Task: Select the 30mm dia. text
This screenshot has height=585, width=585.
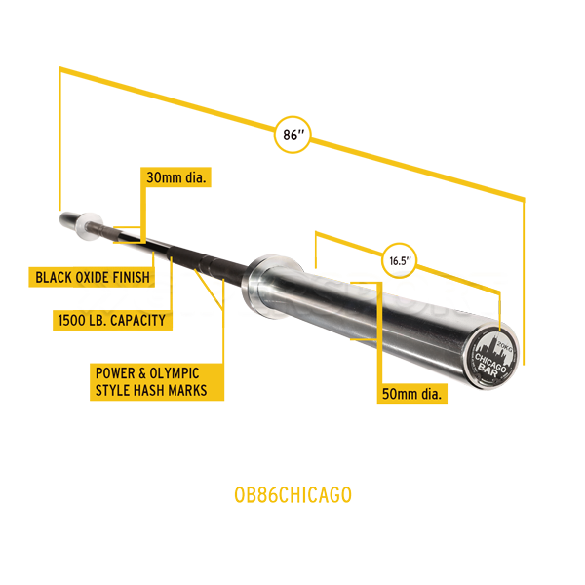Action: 175,178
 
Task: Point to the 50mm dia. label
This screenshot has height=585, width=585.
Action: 412,393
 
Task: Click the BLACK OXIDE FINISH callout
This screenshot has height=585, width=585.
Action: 93,277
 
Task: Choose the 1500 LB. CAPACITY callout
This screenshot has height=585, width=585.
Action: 110,320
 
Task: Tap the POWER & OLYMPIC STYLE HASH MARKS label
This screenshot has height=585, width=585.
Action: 157,381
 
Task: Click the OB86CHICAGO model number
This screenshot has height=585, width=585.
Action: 292,494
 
